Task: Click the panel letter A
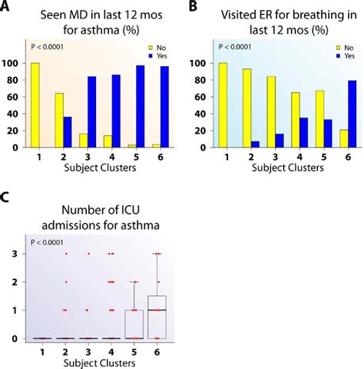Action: [x=6, y=7]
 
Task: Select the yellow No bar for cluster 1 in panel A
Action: [x=34, y=105]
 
